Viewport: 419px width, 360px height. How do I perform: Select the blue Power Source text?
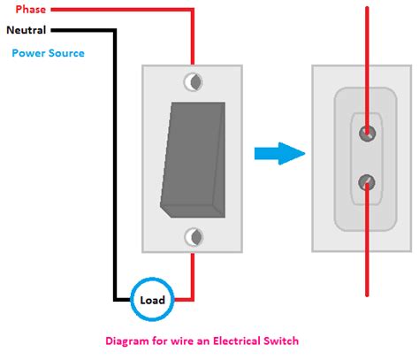coord(49,53)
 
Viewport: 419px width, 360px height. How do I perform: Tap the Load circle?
coord(152,299)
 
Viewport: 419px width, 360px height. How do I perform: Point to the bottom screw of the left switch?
coord(193,236)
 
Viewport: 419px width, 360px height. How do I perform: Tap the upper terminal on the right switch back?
coord(365,134)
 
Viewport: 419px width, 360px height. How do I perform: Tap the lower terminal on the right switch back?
coord(365,182)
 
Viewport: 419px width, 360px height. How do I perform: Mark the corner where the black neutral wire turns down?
coord(114,31)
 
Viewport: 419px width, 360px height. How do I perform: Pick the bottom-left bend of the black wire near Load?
coord(114,299)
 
